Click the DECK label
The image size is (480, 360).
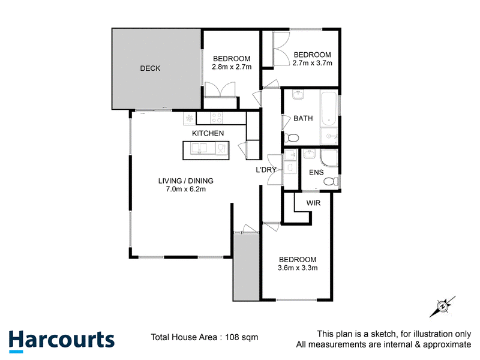[x=150, y=68]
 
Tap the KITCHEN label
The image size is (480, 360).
[x=208, y=133]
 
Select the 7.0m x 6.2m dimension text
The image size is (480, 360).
[x=186, y=189]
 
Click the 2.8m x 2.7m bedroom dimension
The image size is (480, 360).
[x=232, y=67]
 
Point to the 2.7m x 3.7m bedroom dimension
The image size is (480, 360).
[x=312, y=63]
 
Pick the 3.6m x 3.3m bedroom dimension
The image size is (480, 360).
[x=298, y=268]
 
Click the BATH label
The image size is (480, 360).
[x=303, y=118]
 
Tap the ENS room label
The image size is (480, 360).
[x=316, y=172]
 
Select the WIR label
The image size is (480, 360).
[x=313, y=203]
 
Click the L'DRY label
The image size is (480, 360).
[x=266, y=170]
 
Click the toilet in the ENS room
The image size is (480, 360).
[x=331, y=182]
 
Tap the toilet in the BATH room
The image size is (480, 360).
[x=292, y=138]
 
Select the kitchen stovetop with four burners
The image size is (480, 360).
[x=217, y=118]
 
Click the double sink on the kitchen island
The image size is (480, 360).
[x=199, y=149]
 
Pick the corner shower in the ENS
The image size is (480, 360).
[x=329, y=158]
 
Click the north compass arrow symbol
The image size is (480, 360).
[x=442, y=307]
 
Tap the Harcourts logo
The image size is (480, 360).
[x=62, y=341]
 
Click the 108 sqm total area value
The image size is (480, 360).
[x=242, y=337]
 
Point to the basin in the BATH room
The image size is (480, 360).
[x=298, y=95]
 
